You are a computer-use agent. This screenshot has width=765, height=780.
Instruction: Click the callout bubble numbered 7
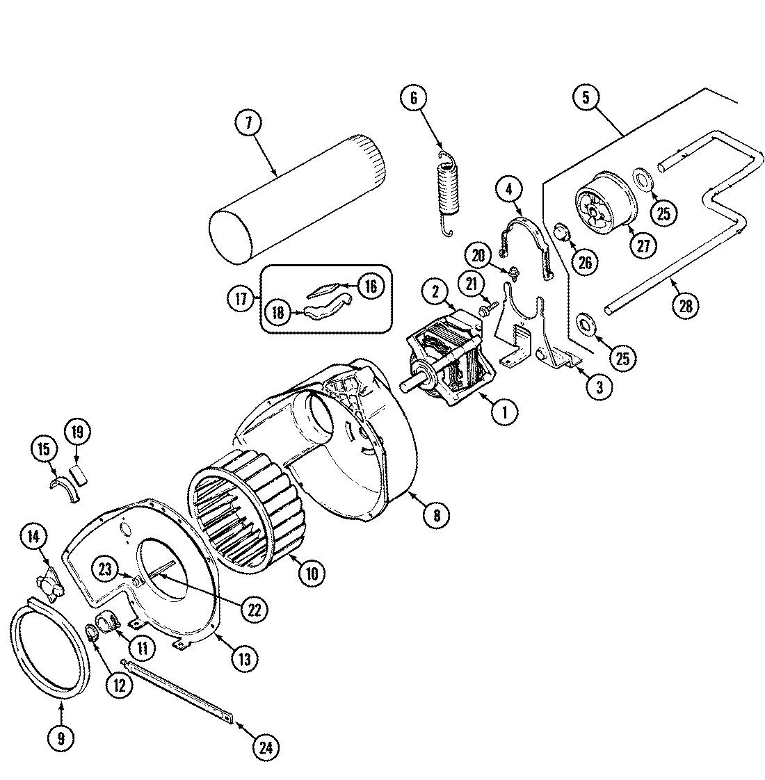tap(247, 123)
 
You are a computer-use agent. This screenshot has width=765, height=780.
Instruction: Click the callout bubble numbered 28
tap(685, 307)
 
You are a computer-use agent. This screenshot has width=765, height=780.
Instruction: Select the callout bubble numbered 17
tap(240, 300)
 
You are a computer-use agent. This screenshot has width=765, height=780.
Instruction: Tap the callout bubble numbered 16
tap(371, 286)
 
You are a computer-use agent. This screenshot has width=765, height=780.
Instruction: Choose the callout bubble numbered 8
tap(436, 514)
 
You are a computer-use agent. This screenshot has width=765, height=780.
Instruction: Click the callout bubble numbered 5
tap(586, 98)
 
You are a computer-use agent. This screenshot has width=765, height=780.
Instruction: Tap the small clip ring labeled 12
tap(91, 632)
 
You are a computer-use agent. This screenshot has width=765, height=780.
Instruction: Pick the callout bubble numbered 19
tap(76, 432)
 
